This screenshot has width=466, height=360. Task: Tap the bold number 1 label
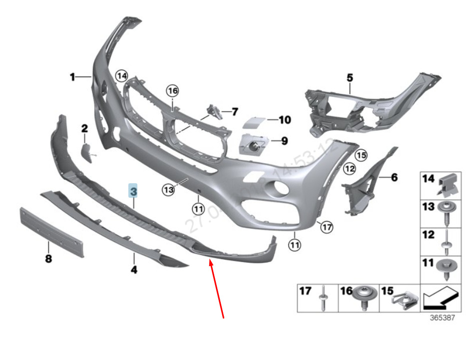(x=72, y=77)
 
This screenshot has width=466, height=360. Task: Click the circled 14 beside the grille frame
(x=121, y=75)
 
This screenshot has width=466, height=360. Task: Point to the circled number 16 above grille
(x=172, y=91)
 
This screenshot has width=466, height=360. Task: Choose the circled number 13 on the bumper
(x=168, y=189)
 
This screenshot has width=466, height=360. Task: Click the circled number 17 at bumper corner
(x=326, y=227)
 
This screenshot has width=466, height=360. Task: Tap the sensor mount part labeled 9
(x=253, y=145)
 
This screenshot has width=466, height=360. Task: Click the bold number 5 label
(x=350, y=77)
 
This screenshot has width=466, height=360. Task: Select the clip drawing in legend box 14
(x=448, y=185)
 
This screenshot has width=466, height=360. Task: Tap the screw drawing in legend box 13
(x=444, y=213)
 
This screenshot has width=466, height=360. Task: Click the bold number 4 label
(x=134, y=271)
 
